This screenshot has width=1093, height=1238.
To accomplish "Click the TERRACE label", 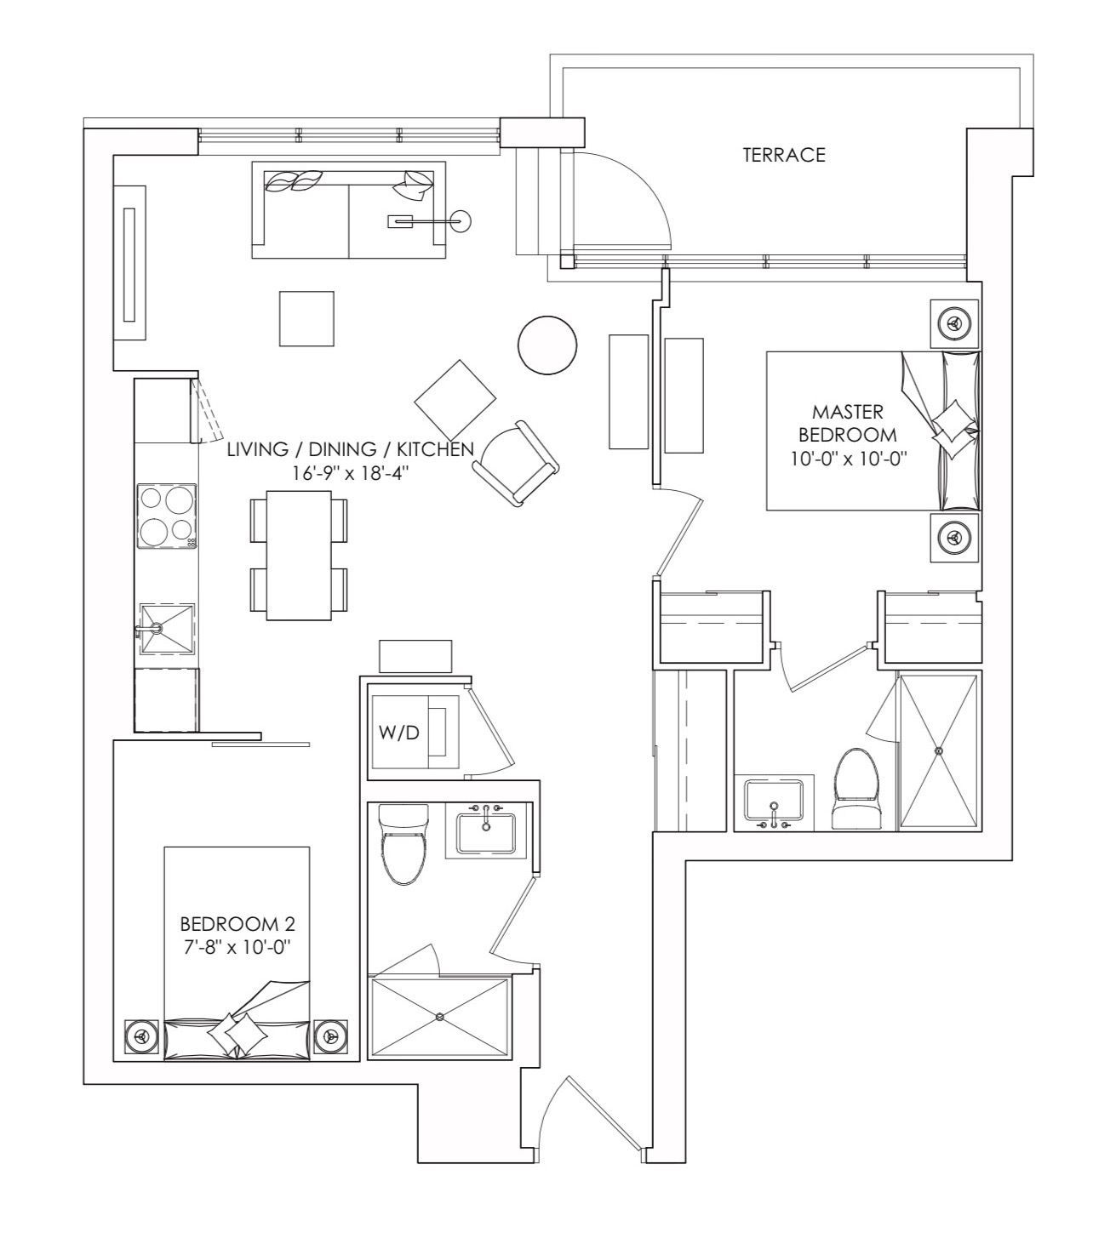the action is pyautogui.click(x=784, y=155).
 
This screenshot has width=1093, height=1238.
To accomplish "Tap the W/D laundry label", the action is pyautogui.click(x=398, y=732).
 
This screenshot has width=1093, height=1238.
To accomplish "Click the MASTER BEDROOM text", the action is pyautogui.click(x=848, y=423).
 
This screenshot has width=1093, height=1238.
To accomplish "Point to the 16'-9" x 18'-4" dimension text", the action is pyautogui.click(x=350, y=472).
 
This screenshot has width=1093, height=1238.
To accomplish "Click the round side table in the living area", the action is pyautogui.click(x=547, y=345).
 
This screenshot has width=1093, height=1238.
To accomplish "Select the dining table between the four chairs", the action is pyautogui.click(x=299, y=556).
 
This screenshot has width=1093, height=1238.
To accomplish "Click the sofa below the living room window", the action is pyautogui.click(x=349, y=210).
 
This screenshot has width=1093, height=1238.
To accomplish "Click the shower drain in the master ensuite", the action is pyautogui.click(x=938, y=750).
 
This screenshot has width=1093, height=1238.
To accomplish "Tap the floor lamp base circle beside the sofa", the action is pyautogui.click(x=461, y=220).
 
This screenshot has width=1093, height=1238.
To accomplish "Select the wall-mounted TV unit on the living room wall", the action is pyautogui.click(x=129, y=263).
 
